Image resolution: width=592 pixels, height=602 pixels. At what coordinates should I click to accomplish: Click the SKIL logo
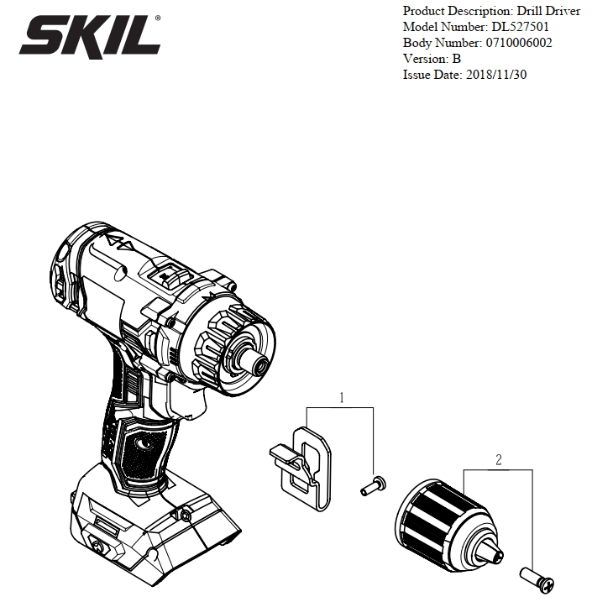tap(90, 36)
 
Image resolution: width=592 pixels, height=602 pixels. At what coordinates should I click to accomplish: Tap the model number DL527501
tap(521, 27)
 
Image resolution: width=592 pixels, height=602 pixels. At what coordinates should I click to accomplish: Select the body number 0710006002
tap(519, 43)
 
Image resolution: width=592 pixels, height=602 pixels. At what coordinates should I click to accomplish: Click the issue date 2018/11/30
tap(496, 75)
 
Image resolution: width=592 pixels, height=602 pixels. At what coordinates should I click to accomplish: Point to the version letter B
tap(457, 59)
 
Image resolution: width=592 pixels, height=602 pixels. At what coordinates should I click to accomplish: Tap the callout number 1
tap(342, 398)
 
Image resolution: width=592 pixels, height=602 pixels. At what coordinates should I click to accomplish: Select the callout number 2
tap(498, 459)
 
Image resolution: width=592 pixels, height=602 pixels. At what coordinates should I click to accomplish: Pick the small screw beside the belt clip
tap(373, 485)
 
